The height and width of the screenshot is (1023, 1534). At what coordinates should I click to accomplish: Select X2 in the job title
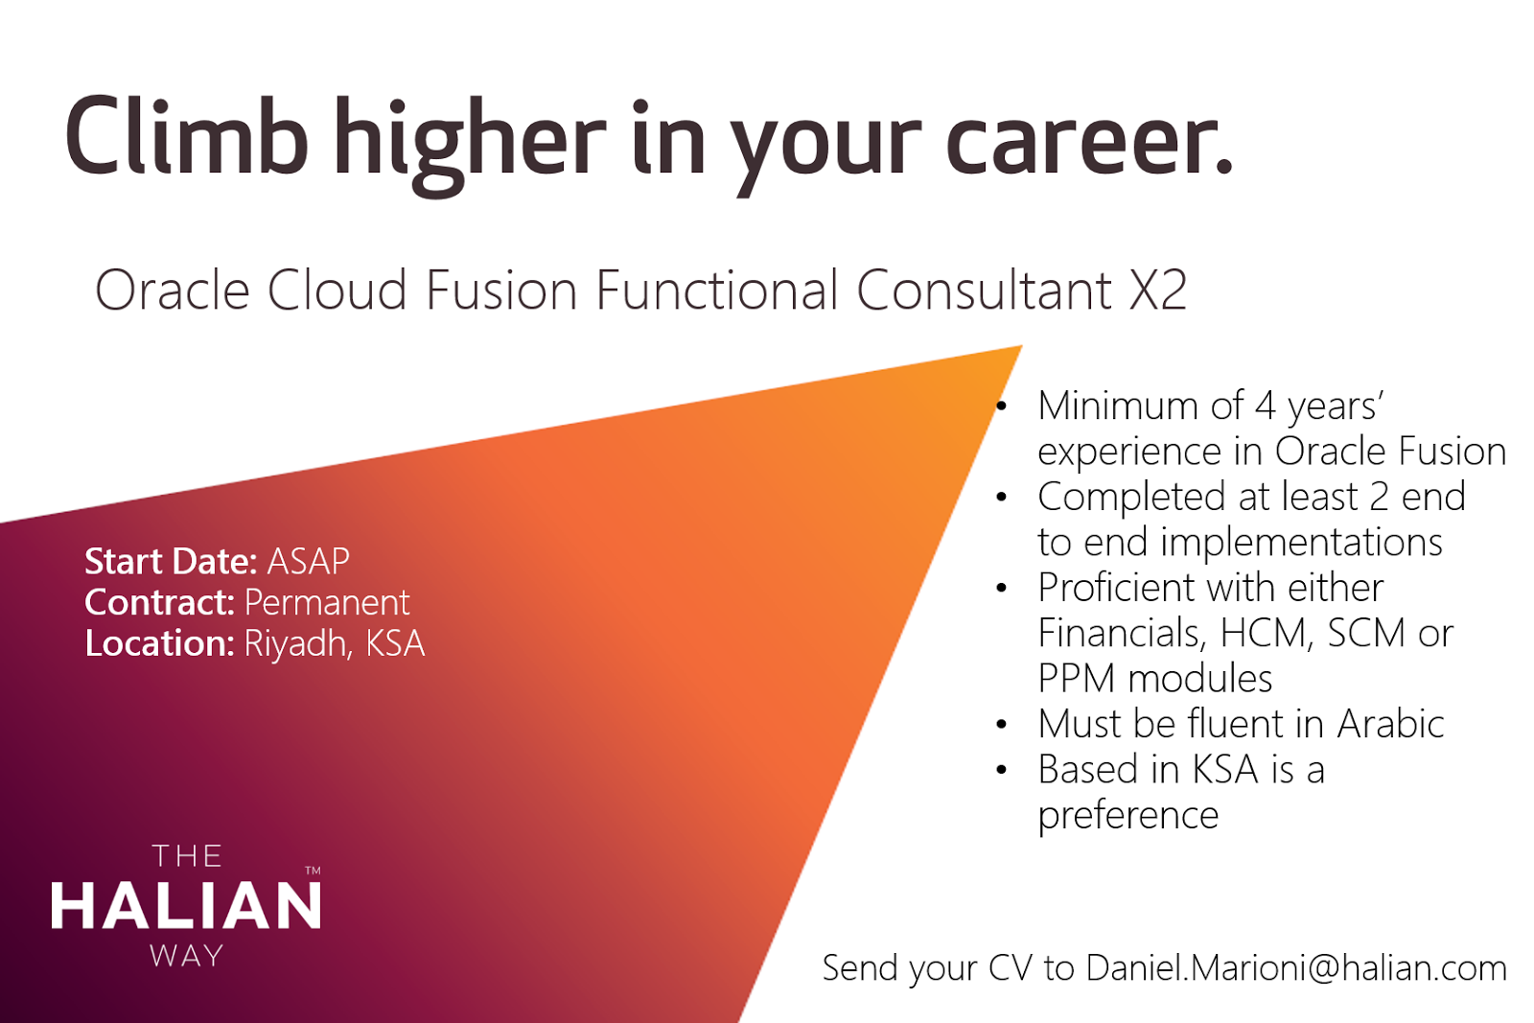click(1158, 291)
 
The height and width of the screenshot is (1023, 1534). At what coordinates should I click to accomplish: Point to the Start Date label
click(171, 561)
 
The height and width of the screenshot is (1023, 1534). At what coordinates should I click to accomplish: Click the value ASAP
click(308, 561)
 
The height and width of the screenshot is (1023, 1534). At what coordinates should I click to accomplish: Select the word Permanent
click(327, 602)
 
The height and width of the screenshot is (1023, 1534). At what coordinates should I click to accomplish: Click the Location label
click(159, 643)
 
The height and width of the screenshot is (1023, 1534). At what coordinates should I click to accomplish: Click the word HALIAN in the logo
click(186, 906)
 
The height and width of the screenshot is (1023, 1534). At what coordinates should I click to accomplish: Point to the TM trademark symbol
click(313, 872)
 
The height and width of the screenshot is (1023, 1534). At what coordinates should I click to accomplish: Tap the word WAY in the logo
click(187, 956)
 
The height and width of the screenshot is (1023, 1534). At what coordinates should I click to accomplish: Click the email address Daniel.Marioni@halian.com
click(1296, 968)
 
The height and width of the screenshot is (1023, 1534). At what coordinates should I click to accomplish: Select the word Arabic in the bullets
click(1390, 724)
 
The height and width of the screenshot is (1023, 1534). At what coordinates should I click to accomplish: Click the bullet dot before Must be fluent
click(1001, 725)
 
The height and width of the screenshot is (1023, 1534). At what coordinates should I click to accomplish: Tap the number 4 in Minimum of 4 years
click(1266, 407)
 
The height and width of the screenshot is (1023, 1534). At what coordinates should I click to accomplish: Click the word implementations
click(1301, 543)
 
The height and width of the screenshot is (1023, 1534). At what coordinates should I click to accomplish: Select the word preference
click(1128, 816)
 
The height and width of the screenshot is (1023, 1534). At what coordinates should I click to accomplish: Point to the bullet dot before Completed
click(1001, 498)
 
